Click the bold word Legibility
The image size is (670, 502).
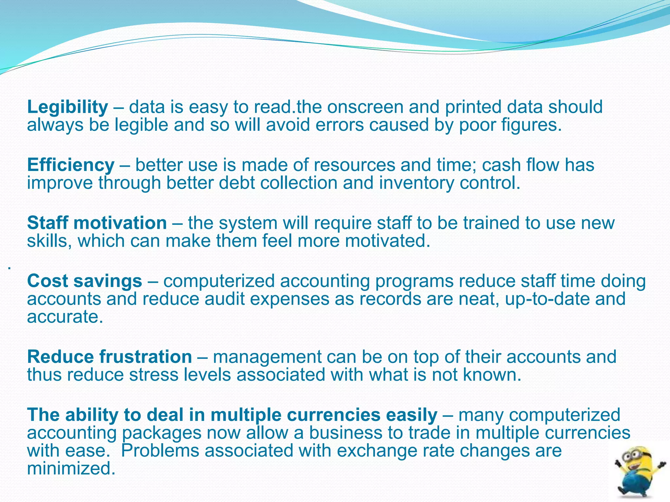point(67,107)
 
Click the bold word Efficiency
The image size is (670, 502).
point(71,165)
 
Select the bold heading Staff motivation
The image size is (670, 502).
point(97,223)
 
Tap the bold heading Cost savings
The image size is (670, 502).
point(84,281)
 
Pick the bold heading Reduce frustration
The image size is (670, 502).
point(109,357)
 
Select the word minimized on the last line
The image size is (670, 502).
point(71,468)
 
